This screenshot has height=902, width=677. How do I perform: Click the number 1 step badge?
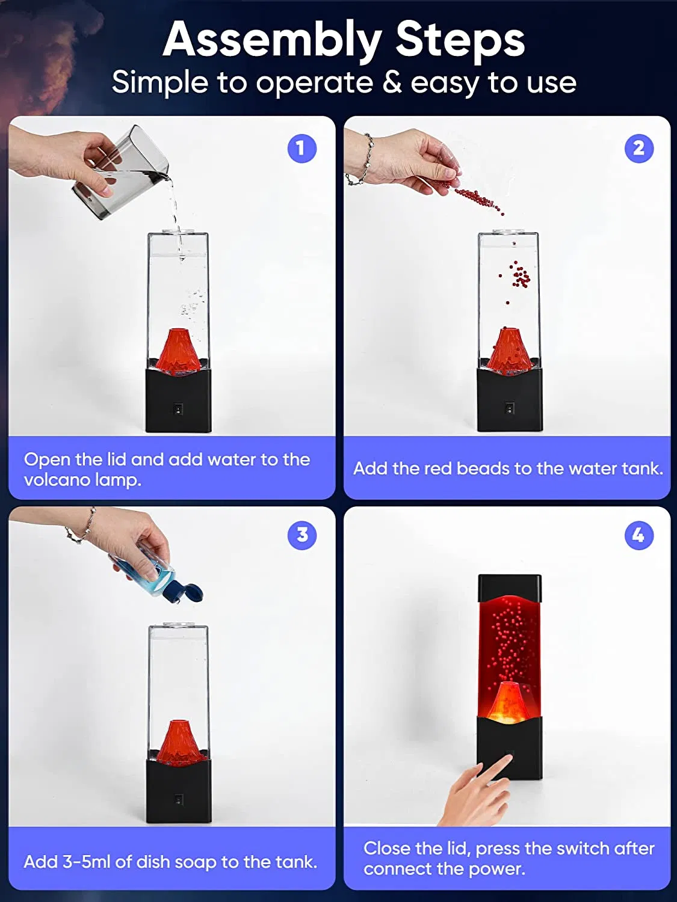(301, 149)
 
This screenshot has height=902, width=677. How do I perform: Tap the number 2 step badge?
(638, 149)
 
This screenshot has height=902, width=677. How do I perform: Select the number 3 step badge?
(302, 535)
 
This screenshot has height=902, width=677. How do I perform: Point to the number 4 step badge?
(638, 535)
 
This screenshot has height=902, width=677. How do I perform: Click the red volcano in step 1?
(178, 351)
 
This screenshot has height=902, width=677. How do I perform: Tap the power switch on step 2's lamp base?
(509, 408)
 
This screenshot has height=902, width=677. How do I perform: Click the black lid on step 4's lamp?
(510, 588)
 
